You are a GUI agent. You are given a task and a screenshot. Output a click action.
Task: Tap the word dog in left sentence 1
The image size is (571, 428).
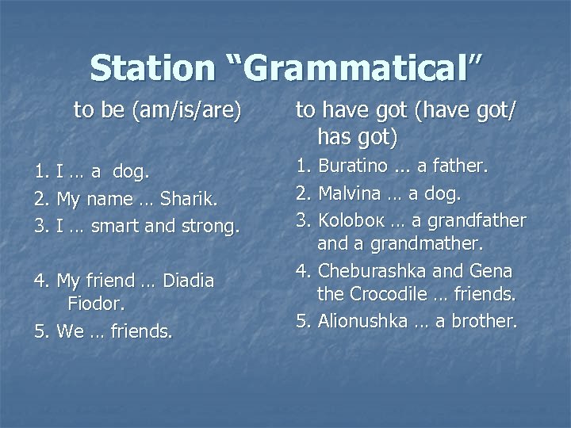(130, 170)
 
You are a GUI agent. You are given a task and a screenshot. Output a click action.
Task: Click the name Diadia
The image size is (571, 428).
(188, 281)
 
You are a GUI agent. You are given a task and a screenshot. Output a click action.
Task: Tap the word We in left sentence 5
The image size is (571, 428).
(71, 331)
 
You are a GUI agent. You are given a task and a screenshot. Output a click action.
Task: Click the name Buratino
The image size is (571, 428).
(353, 166)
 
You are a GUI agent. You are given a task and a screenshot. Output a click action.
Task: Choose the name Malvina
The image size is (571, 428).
(350, 193)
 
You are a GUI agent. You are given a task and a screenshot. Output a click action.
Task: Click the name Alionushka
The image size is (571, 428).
(363, 320)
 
